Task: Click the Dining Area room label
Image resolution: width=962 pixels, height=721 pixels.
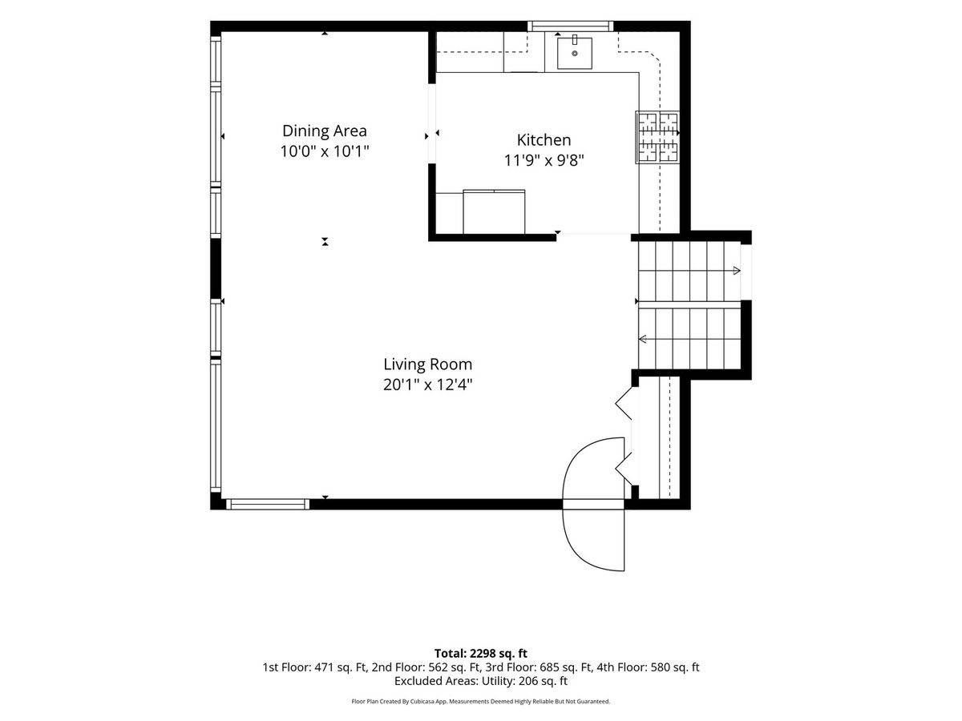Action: (x=325, y=131)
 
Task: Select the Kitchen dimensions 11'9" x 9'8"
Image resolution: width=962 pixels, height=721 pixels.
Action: (x=544, y=161)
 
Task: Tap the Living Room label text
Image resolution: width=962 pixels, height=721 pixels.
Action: (x=428, y=365)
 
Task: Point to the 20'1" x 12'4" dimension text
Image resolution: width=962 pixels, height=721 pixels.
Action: (x=428, y=385)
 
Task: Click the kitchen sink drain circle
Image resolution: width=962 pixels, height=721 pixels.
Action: (x=575, y=54)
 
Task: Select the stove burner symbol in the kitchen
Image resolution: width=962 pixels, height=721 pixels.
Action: (x=657, y=138)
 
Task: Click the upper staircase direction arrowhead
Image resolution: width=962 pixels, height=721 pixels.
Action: (x=737, y=271)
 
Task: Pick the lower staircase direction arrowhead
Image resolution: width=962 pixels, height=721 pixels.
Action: (x=642, y=339)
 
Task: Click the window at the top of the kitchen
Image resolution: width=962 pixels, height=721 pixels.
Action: (x=570, y=26)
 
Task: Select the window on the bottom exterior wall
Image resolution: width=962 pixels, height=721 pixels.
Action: (x=268, y=505)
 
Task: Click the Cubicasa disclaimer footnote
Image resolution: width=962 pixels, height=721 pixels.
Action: (x=481, y=714)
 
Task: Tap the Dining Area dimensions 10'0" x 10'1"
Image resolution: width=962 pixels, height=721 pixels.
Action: (x=325, y=151)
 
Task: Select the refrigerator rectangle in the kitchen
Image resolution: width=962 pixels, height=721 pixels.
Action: (x=494, y=211)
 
